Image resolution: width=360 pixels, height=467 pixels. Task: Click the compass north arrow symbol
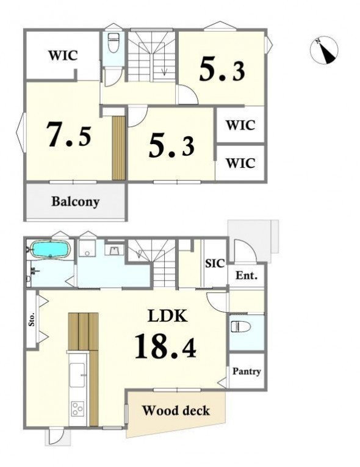click(x=324, y=50)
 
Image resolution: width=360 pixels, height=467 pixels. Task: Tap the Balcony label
click(x=75, y=201)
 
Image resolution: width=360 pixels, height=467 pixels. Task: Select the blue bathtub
click(x=51, y=249)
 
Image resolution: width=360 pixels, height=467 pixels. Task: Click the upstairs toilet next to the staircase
click(x=113, y=43)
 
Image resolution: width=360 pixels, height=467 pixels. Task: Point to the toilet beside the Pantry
click(x=240, y=327)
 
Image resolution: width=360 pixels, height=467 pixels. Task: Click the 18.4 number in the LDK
click(x=165, y=346)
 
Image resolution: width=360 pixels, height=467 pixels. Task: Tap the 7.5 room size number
click(x=69, y=135)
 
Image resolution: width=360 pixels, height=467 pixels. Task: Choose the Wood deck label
click(x=176, y=411)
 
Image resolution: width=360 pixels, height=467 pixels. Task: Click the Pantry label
click(x=247, y=371)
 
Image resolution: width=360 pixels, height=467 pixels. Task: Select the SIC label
click(x=214, y=263)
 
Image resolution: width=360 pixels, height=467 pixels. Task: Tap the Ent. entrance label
click(x=247, y=275)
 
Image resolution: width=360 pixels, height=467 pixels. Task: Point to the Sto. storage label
click(x=32, y=319)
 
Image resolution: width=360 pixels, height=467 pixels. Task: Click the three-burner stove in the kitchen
click(x=77, y=408)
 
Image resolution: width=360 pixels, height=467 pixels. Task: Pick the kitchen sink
click(x=77, y=375)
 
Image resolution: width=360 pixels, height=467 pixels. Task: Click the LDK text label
click(x=168, y=316)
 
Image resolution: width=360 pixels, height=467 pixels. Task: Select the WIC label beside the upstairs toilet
click(x=63, y=56)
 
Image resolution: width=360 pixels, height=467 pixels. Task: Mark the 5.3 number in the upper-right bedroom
click(x=222, y=70)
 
